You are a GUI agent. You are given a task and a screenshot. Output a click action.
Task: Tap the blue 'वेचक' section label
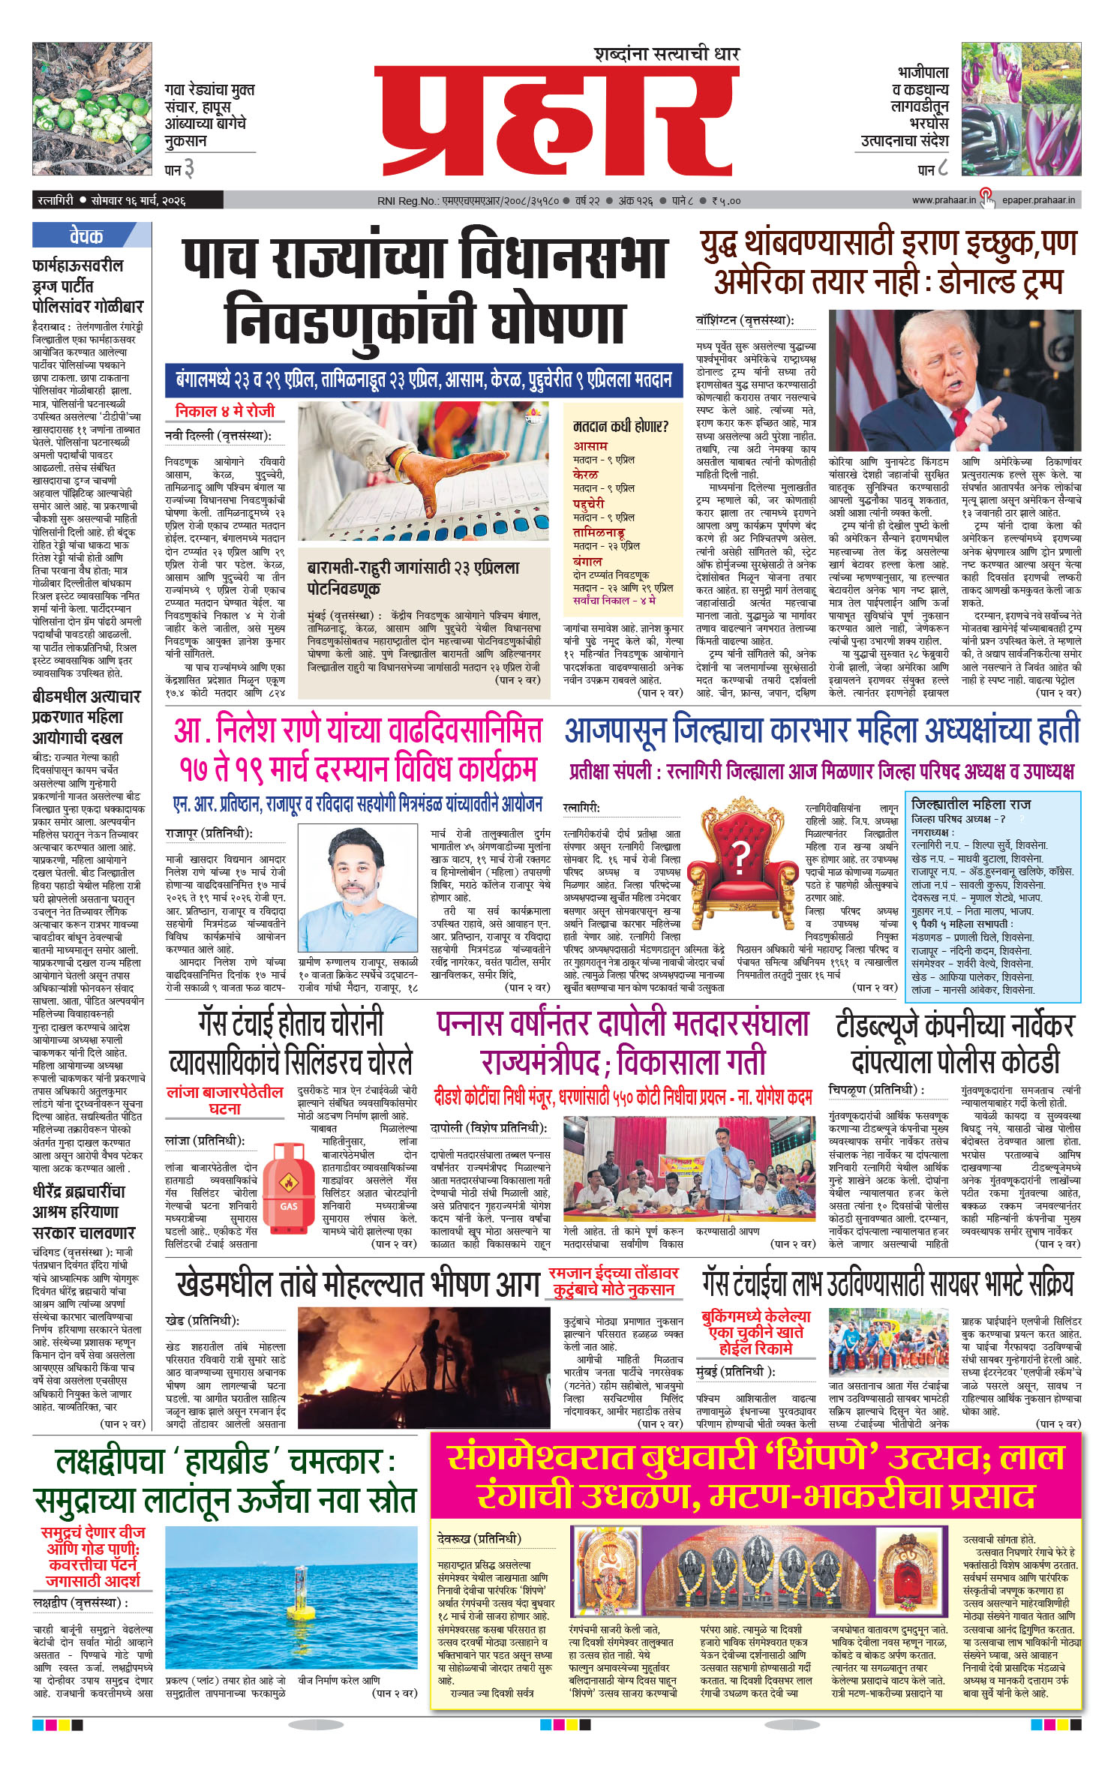86,235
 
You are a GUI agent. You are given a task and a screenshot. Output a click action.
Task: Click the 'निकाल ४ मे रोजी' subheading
224,411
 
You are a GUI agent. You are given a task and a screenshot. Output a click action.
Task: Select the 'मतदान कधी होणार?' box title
620,426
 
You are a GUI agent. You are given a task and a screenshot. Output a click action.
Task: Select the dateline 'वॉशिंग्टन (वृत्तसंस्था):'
744,320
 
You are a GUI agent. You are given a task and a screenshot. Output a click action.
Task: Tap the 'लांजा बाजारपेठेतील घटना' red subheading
224,1325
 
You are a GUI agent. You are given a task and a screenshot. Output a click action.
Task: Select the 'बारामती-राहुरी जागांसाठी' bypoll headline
413,577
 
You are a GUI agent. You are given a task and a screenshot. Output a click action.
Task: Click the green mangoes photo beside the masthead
92,109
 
